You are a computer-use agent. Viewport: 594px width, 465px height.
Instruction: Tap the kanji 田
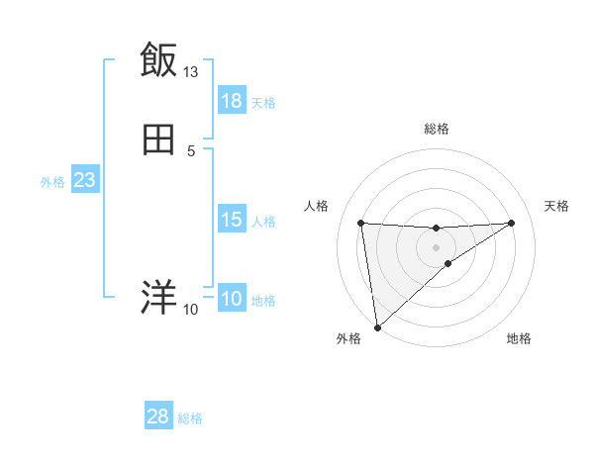(x=158, y=139)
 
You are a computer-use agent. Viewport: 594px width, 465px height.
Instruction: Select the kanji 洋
(x=158, y=297)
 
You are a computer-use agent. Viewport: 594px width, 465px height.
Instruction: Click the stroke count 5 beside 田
(x=191, y=150)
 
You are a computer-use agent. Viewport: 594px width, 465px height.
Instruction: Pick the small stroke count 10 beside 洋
(x=191, y=310)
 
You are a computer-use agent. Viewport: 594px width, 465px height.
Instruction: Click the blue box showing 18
(x=232, y=101)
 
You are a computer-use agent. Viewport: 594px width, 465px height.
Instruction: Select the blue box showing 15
(x=232, y=220)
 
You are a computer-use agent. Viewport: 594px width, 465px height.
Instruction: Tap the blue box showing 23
(x=85, y=180)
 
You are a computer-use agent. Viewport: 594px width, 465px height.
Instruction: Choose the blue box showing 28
(x=158, y=418)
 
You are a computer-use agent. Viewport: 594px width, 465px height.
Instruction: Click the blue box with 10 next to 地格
(x=232, y=300)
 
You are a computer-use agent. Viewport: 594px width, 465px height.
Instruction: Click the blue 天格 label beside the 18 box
(x=263, y=102)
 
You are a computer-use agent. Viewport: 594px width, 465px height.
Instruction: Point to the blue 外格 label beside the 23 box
(x=52, y=181)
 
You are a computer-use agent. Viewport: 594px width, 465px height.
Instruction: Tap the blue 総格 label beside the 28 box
(x=190, y=418)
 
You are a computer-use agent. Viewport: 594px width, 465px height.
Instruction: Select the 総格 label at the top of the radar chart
(x=437, y=129)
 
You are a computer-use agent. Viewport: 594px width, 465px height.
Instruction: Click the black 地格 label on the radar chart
(x=519, y=339)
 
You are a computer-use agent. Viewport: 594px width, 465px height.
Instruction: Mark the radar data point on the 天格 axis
(x=512, y=223)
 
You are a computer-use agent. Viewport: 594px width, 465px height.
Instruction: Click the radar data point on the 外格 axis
(x=376, y=327)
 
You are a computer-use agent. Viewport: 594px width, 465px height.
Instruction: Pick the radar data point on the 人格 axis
(x=361, y=223)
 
